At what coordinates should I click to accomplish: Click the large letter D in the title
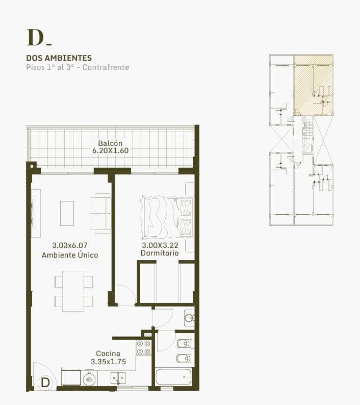point(35,38)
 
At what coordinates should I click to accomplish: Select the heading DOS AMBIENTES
point(59,58)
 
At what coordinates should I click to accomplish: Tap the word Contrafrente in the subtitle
point(106,67)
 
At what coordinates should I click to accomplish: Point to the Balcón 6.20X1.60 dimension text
point(110,147)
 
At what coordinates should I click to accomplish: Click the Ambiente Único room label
point(70,255)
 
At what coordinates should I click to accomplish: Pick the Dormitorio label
point(160,253)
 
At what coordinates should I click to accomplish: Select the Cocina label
point(108,353)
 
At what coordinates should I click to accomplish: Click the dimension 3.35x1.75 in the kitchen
point(108,362)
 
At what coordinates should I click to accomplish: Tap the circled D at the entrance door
point(45,383)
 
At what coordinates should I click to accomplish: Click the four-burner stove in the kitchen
point(144,347)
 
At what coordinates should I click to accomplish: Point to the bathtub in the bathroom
point(173,377)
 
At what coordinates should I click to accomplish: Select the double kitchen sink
point(118,378)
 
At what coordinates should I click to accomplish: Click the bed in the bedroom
point(167,217)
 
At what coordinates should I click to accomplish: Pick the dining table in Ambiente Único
point(73,291)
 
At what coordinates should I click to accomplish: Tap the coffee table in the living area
point(67,213)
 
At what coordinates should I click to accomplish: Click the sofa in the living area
point(100,213)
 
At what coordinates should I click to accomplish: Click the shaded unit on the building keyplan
point(313,85)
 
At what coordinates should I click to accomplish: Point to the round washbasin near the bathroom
point(190,318)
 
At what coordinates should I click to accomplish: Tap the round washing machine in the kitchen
point(89,379)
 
